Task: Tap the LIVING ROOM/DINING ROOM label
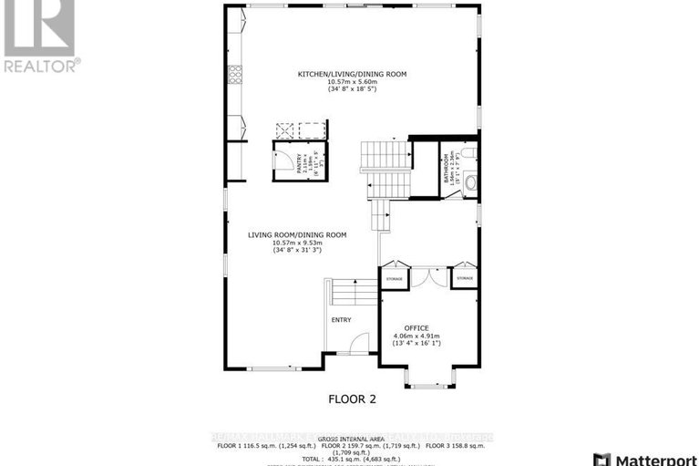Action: pos(297,234)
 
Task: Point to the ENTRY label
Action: pos(341,319)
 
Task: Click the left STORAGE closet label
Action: pos(394,276)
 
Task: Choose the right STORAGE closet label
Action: pos(464,276)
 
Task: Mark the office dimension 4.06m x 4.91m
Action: pos(415,336)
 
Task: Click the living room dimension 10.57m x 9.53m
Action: pos(297,243)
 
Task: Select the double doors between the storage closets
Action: pos(428,277)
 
